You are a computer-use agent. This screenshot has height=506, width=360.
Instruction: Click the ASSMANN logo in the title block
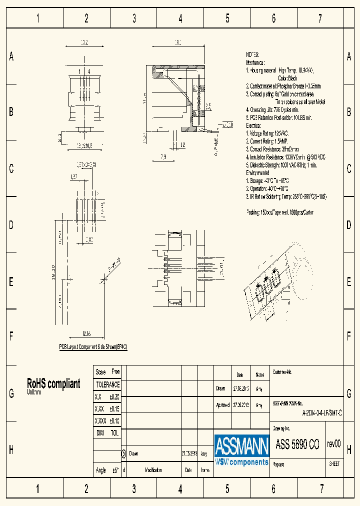pyautogui.click(x=242, y=449)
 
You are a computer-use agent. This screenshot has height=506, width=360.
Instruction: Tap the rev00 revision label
pyautogui.click(x=333, y=443)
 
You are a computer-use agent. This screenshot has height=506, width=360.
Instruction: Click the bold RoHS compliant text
pyautogui.click(x=53, y=383)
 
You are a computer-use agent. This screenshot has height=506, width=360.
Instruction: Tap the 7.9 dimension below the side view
pyautogui.click(x=163, y=157)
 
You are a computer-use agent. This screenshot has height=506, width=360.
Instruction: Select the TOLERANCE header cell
pyautogui.click(x=107, y=384)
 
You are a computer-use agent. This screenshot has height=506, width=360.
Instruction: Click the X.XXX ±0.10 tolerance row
pyautogui.click(x=107, y=420)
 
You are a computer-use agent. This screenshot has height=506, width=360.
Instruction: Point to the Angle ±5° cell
pyautogui.click(x=107, y=470)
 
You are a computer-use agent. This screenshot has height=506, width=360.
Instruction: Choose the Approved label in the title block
pyautogui.click(x=223, y=405)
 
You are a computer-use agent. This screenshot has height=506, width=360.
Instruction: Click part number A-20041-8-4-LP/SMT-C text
pyautogui.click(x=322, y=413)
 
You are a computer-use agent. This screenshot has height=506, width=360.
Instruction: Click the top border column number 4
pyautogui.click(x=180, y=19)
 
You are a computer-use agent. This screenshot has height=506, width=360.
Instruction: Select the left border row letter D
pyautogui.click(x=11, y=225)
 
